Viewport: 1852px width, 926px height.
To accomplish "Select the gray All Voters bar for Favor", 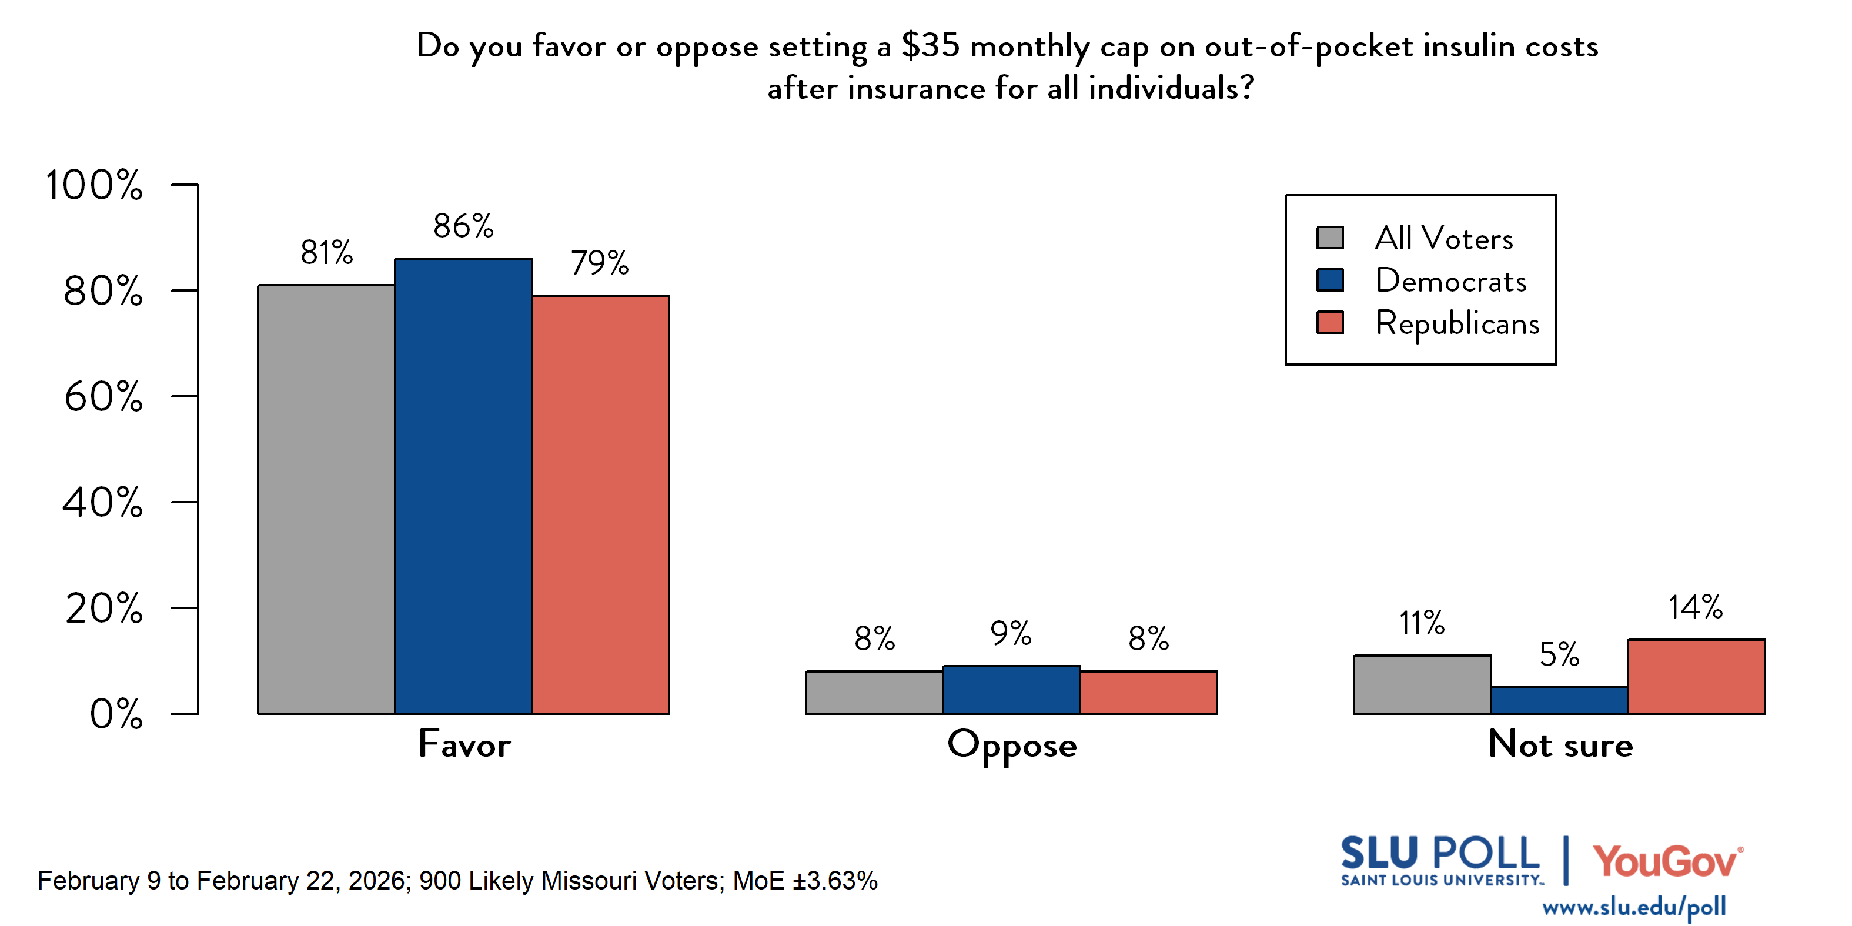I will [x=326, y=499].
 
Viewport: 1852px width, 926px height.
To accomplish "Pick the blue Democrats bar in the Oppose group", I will [x=1011, y=690].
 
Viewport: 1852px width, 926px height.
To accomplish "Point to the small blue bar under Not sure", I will [x=1559, y=700].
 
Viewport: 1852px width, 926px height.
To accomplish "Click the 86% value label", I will [x=463, y=226].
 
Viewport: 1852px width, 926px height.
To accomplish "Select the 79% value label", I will [x=600, y=263].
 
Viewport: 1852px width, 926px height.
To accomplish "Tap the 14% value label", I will [x=1695, y=607].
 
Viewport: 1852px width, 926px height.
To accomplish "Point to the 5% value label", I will [x=1559, y=655].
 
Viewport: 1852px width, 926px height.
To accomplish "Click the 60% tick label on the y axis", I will [x=103, y=397].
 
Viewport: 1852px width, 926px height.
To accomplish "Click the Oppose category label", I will [x=1012, y=746].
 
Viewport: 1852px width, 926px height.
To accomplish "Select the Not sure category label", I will [x=1560, y=745].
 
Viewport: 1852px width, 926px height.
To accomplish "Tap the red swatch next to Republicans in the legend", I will [x=1329, y=322].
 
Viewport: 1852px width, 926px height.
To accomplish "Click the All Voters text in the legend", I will [x=1443, y=239].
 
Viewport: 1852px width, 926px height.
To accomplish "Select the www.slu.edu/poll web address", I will [x=1633, y=907].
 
